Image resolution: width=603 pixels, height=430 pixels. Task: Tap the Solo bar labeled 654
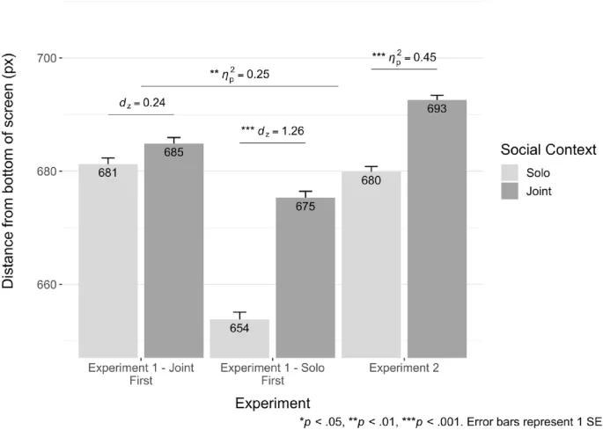239,339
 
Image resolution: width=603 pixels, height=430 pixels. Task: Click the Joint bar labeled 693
438,229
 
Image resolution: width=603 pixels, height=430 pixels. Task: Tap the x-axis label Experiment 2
404,367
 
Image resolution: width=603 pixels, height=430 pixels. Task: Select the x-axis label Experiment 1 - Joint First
141,374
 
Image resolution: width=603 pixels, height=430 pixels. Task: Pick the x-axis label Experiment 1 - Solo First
273,374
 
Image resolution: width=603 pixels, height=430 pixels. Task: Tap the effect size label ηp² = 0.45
405,58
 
